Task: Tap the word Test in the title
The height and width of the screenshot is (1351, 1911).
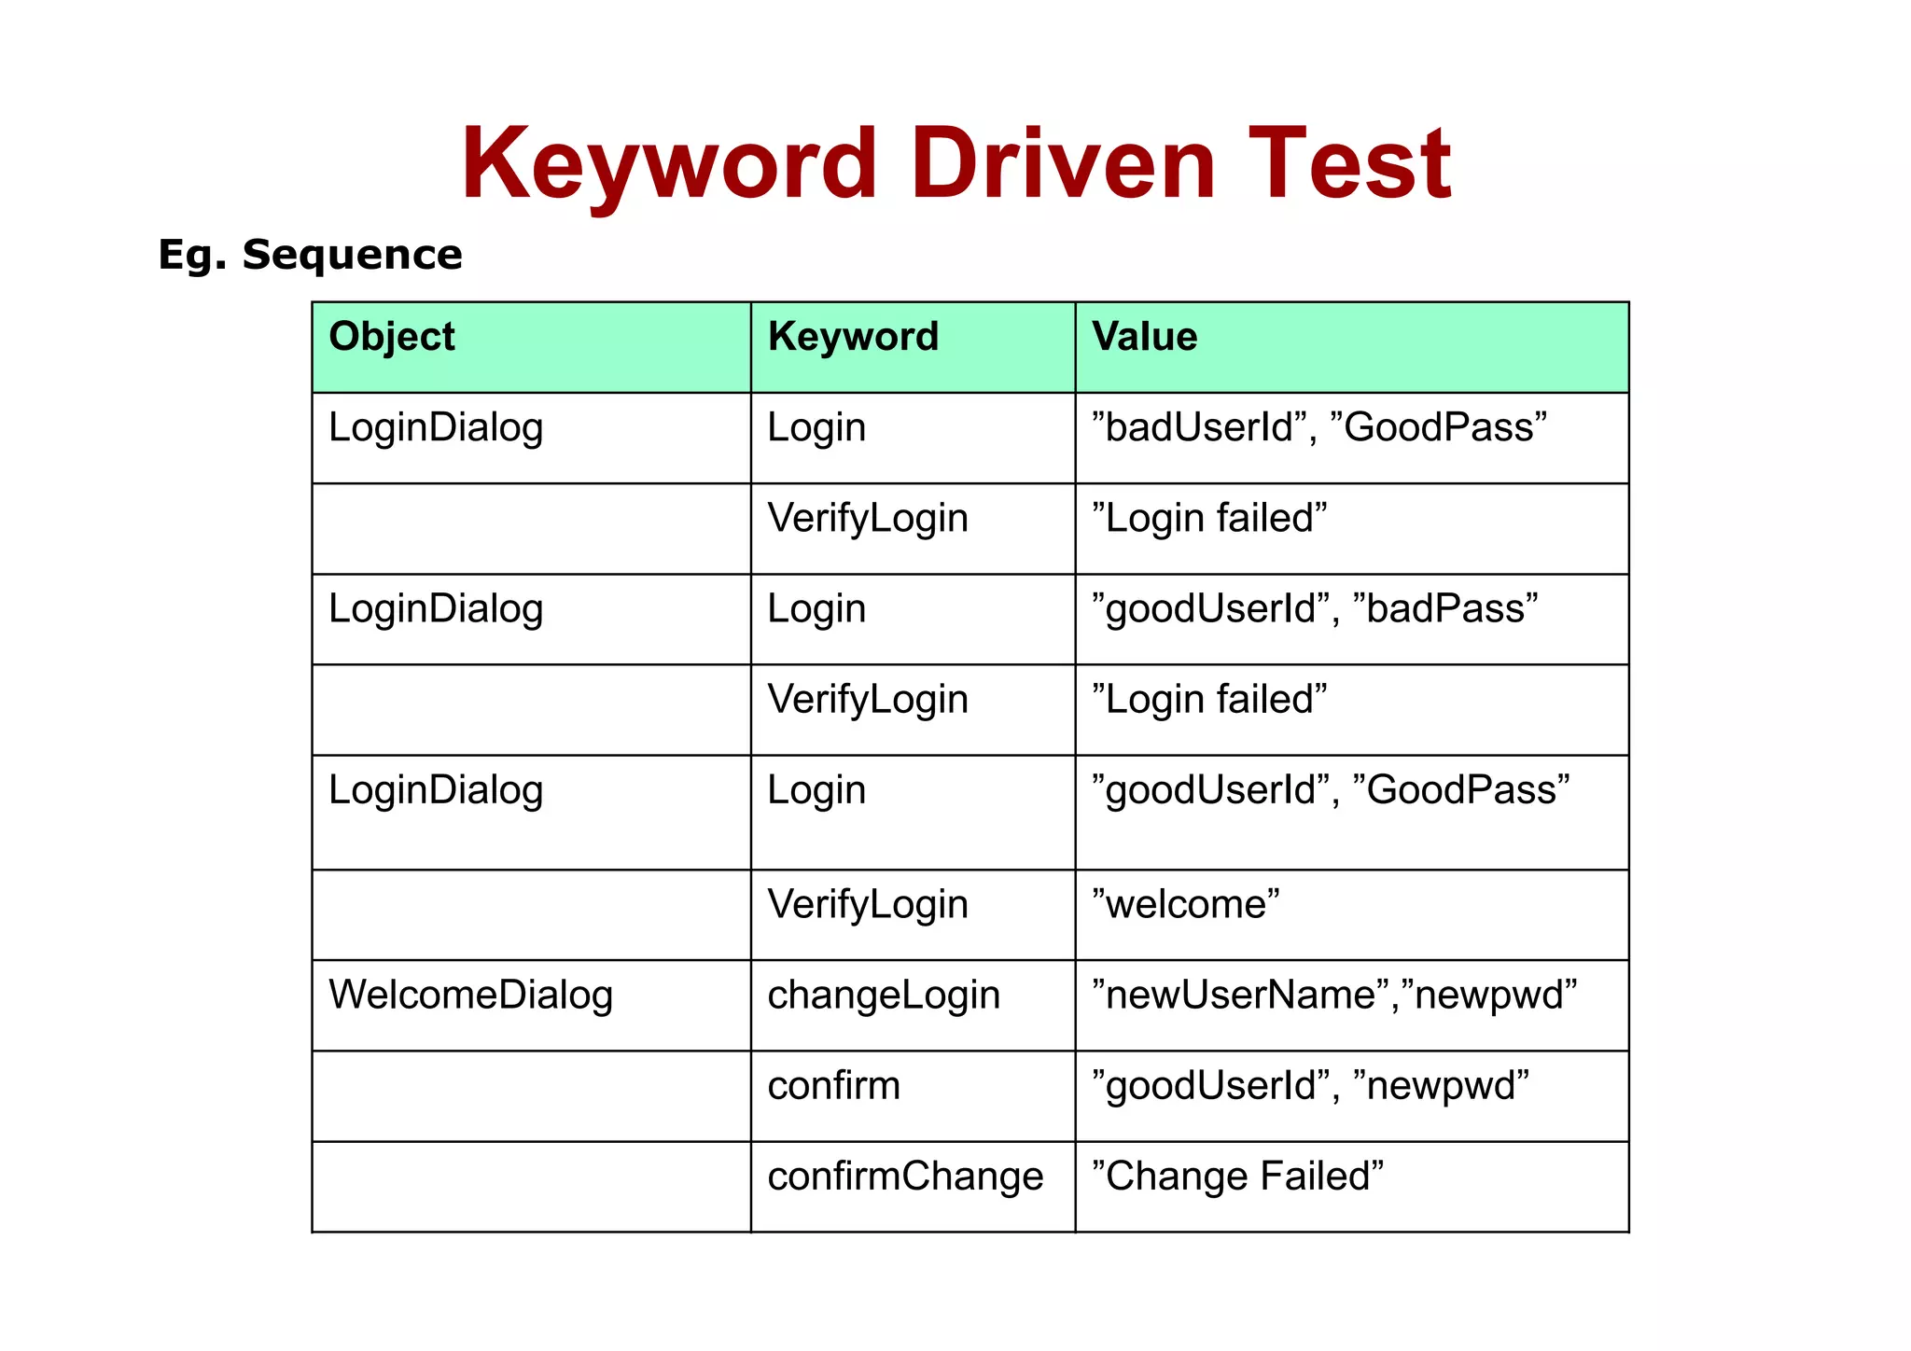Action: [1349, 165]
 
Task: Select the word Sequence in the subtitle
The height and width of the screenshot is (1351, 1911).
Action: [352, 255]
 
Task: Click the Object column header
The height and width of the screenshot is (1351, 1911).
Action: [392, 337]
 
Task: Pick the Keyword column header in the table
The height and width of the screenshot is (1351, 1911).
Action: [853, 337]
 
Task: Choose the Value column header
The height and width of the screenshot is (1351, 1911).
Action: [1145, 337]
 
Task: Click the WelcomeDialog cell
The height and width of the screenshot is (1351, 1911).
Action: [471, 995]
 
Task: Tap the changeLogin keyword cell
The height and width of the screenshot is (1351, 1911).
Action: [884, 995]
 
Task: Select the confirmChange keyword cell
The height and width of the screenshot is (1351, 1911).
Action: [905, 1176]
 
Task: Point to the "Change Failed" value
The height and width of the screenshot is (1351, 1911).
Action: [1238, 1176]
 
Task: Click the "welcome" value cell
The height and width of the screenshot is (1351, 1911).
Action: [1186, 904]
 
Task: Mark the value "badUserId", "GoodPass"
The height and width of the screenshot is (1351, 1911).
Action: [1319, 427]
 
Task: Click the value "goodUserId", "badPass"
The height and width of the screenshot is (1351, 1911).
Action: [1315, 608]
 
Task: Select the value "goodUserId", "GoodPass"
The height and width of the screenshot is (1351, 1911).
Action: [1331, 789]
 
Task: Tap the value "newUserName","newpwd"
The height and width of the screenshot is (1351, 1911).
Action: [1334, 995]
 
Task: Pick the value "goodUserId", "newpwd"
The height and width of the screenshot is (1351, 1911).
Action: [1310, 1085]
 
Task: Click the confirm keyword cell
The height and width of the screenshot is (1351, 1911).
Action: [833, 1085]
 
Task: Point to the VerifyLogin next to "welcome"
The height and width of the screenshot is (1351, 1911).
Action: [868, 904]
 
